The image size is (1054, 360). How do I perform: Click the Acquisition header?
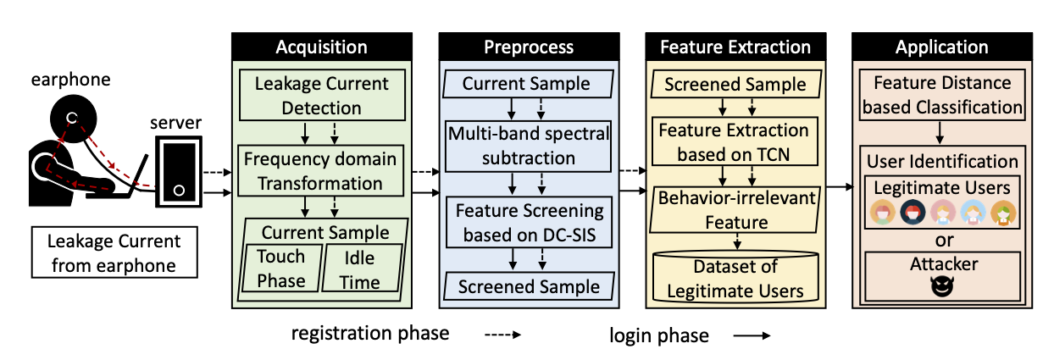pyautogui.click(x=322, y=47)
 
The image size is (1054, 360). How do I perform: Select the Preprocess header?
pyautogui.click(x=529, y=47)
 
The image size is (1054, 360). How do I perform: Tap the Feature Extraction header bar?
pyautogui.click(x=735, y=47)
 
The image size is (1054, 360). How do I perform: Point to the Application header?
pyautogui.click(x=942, y=47)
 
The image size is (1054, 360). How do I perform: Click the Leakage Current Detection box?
pyautogui.click(x=322, y=96)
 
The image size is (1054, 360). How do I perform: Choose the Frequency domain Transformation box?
pyautogui.click(x=321, y=170)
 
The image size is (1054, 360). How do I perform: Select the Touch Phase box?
pyautogui.click(x=281, y=269)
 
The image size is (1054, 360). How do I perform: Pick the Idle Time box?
pyautogui.click(x=362, y=269)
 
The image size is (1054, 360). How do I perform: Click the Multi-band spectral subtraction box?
pyautogui.click(x=529, y=146)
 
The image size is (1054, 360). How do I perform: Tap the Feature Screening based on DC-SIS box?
pyautogui.click(x=529, y=222)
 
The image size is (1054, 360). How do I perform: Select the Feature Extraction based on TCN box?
pyautogui.click(x=735, y=141)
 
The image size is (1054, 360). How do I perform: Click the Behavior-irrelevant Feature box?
pyautogui.click(x=735, y=210)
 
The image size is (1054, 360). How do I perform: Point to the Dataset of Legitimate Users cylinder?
pyautogui.click(x=736, y=277)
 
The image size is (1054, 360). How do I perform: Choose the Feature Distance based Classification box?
pyautogui.click(x=942, y=95)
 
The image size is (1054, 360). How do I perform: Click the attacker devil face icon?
pyautogui.click(x=942, y=286)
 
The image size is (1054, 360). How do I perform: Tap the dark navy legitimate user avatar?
pyautogui.click(x=913, y=213)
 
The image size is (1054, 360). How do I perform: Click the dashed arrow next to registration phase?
pyautogui.click(x=503, y=335)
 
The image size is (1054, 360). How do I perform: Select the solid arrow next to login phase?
pyautogui.click(x=752, y=335)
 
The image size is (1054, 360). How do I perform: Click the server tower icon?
pyautogui.click(x=179, y=172)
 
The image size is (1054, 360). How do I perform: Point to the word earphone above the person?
pyautogui.click(x=70, y=80)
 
